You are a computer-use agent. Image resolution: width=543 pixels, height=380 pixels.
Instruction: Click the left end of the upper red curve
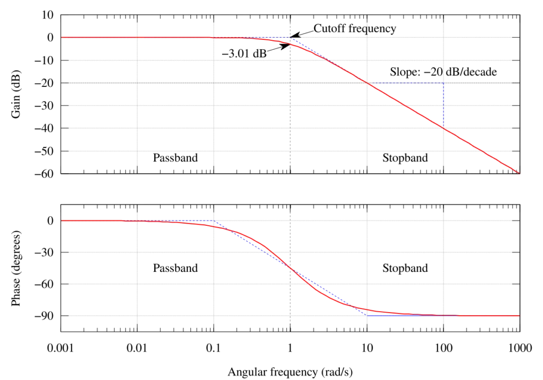(x=63, y=37)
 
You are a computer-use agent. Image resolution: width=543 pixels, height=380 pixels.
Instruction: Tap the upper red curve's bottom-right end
(x=518, y=172)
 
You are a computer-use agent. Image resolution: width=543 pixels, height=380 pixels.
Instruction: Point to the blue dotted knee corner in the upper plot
(x=290, y=37)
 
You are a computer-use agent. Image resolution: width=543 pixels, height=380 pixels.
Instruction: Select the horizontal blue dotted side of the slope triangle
(x=406, y=83)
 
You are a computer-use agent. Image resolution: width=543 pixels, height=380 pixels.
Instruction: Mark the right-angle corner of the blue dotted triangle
(x=443, y=83)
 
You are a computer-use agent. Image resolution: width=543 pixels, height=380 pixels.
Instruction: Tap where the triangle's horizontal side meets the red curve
(x=367, y=83)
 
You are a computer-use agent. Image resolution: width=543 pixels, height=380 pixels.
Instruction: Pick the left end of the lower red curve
(x=63, y=220)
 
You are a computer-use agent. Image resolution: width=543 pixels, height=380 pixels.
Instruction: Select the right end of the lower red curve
(x=518, y=315)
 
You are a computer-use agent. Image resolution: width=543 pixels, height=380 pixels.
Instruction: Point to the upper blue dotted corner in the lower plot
(x=214, y=220)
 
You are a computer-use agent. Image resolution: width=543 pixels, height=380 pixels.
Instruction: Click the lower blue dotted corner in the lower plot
(x=367, y=315)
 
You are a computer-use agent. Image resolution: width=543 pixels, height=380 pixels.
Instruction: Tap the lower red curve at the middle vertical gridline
(x=291, y=269)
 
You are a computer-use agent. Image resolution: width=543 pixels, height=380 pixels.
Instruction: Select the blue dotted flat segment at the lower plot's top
(x=175, y=220)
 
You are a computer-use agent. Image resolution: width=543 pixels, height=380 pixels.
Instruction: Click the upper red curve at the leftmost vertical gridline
(x=138, y=37)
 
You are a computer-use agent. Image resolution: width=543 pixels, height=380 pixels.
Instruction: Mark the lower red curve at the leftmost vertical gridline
(x=138, y=220)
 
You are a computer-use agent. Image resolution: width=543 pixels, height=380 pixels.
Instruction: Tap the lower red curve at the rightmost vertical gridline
(x=443, y=315)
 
